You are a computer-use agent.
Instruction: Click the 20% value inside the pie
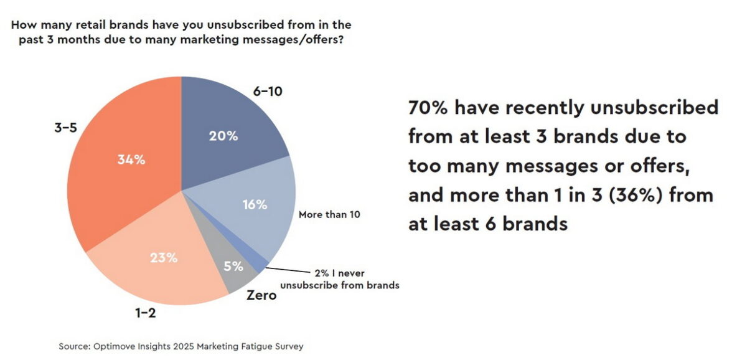[223, 136]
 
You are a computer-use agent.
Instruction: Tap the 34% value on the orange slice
[131, 159]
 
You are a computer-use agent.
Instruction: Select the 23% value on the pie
[164, 257]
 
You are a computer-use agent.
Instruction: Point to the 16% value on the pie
[255, 204]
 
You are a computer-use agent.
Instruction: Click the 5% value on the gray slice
[233, 267]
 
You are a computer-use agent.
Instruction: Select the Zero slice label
[261, 295]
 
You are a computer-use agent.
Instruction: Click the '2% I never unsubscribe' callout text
[340, 279]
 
